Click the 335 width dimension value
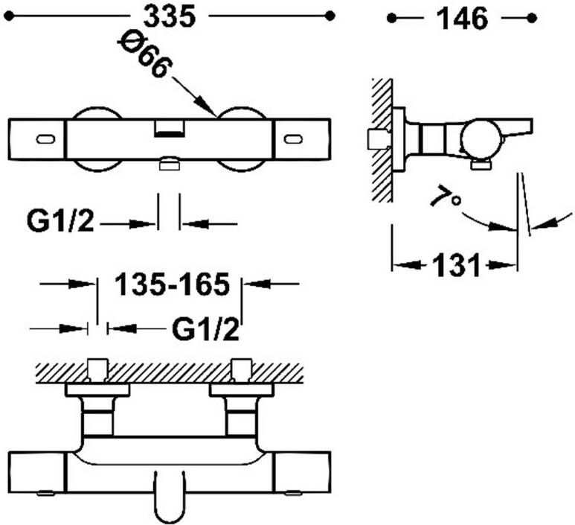click(x=169, y=17)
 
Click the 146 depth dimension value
click(x=463, y=18)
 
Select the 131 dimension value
click(x=456, y=264)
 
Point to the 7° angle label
click(x=446, y=198)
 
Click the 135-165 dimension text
click(x=172, y=284)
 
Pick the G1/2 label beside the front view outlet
click(x=60, y=221)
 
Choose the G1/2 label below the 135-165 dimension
click(x=205, y=328)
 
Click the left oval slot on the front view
click(x=46, y=139)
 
